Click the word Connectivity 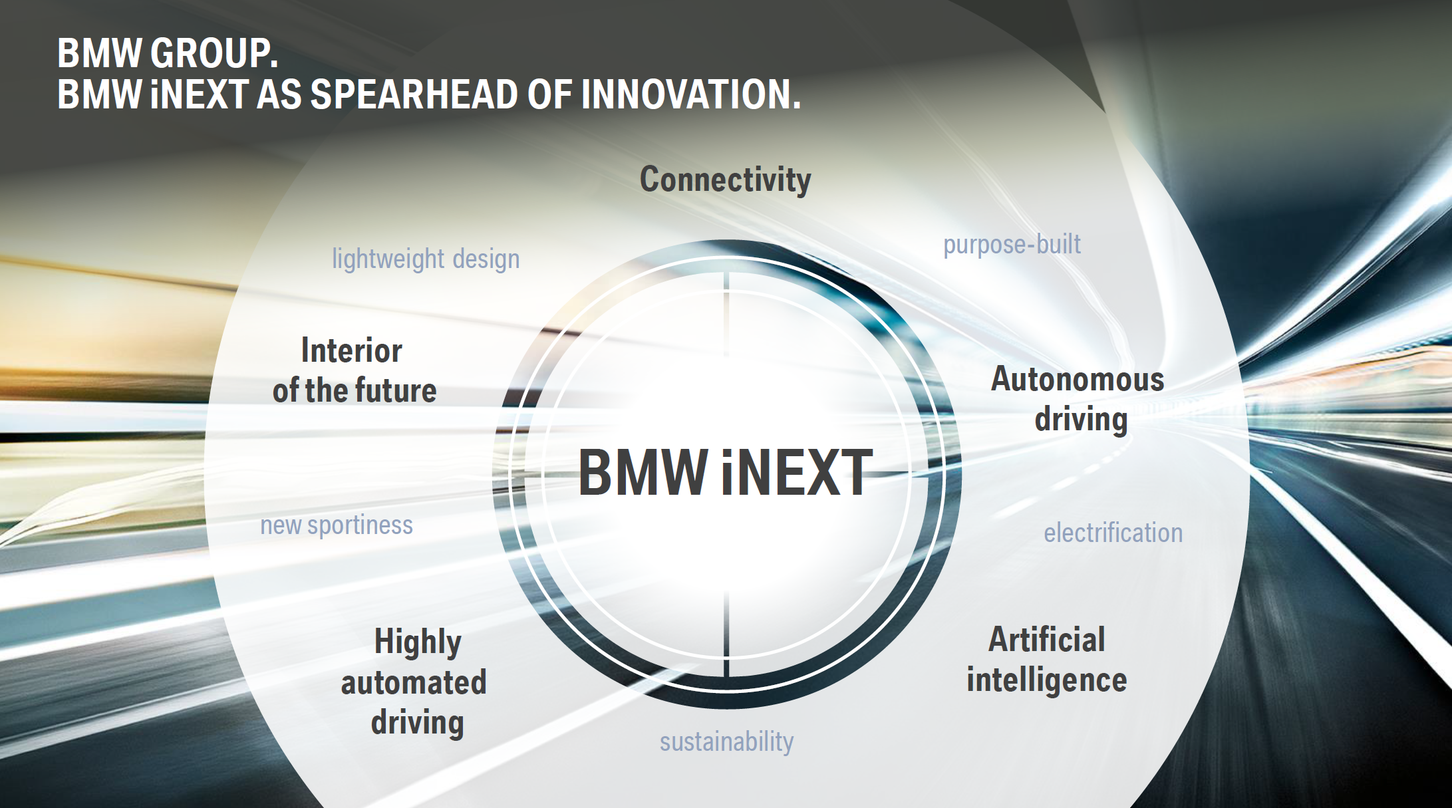point(725,180)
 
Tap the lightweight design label point(426,259)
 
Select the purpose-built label point(1012,245)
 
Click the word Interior point(351,350)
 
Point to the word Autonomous point(1078,379)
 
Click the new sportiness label point(336,525)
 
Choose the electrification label point(1113,533)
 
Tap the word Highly point(418,642)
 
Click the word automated point(414,683)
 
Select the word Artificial point(1047,639)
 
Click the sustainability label point(726,741)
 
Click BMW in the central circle point(643,473)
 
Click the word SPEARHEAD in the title point(415,94)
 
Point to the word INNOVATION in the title point(690,94)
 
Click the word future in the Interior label point(398,390)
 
